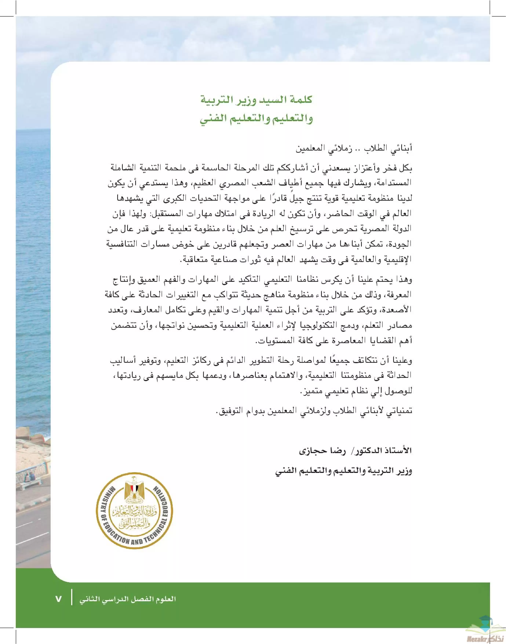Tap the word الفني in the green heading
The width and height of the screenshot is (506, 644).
click(213, 119)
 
